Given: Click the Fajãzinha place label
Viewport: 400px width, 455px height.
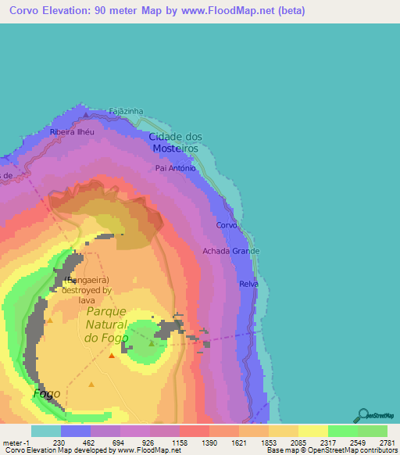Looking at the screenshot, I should click(126, 112).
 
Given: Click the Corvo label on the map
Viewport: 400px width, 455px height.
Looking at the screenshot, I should click(227, 225).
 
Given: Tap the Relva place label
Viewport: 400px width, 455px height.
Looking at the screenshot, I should click(248, 284).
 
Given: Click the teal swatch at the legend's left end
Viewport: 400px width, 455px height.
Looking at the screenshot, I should click(46, 431).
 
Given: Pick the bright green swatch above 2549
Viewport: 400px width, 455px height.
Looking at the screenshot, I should click(342, 431).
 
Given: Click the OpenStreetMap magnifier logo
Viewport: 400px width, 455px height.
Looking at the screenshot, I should click(362, 416).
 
